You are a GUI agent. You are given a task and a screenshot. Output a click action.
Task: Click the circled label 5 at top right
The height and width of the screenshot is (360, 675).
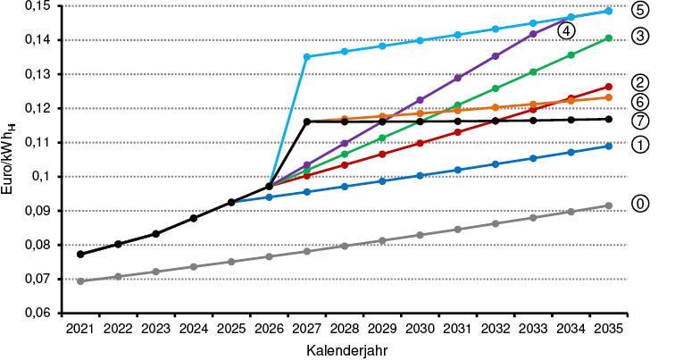(x=640, y=11)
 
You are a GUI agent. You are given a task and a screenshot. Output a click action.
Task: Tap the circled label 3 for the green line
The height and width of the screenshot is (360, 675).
(x=640, y=37)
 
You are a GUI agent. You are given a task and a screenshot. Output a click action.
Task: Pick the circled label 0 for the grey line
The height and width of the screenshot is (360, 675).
(x=640, y=204)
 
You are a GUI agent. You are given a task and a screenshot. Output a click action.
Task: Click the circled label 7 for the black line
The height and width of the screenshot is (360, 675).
(x=640, y=120)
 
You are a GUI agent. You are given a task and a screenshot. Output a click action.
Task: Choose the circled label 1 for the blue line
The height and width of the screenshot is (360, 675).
(x=640, y=144)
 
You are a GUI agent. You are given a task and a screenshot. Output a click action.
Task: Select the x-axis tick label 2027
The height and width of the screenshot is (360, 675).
(x=307, y=330)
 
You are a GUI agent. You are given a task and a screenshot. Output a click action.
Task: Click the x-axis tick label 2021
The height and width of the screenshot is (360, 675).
(x=80, y=330)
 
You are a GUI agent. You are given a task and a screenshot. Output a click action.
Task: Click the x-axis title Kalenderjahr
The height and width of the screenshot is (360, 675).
(x=344, y=350)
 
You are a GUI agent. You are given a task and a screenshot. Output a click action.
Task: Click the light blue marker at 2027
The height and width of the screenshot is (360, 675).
(x=307, y=57)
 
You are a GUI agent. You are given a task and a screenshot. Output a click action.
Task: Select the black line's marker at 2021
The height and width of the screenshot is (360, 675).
(x=80, y=255)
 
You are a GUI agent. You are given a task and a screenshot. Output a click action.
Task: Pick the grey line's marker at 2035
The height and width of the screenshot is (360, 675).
(x=608, y=205)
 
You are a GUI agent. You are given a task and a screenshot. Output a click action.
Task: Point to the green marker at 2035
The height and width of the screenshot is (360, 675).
(x=608, y=38)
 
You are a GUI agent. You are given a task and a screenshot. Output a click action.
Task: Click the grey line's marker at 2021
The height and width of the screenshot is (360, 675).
(x=80, y=281)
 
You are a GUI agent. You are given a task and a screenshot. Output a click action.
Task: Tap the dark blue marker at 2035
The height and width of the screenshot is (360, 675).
(x=608, y=146)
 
